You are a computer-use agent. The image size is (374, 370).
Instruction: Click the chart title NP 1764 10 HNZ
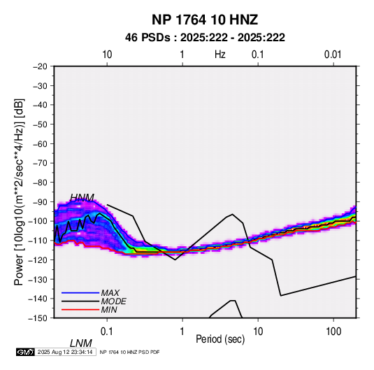tap(205, 20)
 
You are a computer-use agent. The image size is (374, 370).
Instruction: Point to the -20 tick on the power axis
tap(40, 66)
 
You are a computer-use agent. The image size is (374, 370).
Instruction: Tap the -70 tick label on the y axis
tap(40, 163)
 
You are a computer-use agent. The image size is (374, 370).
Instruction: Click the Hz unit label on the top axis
tap(220, 55)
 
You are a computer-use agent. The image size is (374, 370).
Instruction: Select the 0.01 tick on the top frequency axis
tap(333, 55)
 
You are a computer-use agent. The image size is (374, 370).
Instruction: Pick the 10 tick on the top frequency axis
tap(107, 55)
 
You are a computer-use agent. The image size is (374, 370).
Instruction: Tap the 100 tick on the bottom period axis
tap(333, 332)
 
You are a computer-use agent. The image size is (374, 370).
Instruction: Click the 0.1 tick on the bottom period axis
tap(107, 332)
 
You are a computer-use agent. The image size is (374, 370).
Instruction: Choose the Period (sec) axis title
tap(220, 339)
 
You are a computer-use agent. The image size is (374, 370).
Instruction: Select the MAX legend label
tap(110, 293)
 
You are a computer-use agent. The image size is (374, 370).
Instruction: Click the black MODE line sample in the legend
tap(80, 301)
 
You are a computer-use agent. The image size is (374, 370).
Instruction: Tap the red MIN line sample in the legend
tap(80, 310)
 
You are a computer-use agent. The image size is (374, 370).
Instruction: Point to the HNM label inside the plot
tap(82, 198)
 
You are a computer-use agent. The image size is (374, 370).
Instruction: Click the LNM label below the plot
tap(81, 343)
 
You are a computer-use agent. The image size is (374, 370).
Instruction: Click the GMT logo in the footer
tap(26, 352)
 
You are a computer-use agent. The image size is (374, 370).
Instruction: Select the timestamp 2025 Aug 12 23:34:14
tap(65, 352)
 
